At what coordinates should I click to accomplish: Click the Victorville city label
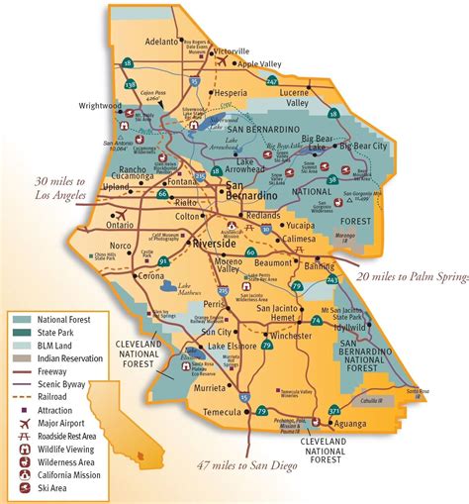(x=234, y=50)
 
